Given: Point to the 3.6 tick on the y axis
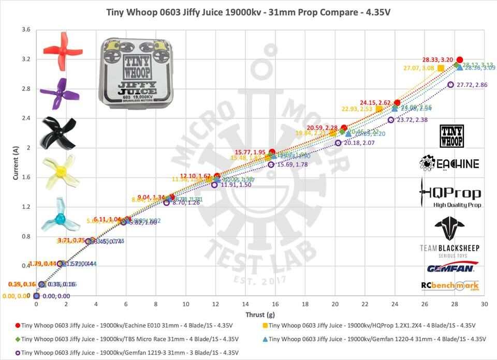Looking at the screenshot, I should (25, 30).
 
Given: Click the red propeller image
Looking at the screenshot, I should (62, 50).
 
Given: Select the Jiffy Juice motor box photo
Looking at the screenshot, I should (134, 73).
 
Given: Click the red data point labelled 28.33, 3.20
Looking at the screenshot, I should (460, 60).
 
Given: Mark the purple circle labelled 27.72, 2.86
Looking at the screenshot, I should (450, 84).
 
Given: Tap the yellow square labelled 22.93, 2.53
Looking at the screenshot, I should (379, 109).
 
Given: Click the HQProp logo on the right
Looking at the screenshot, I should (450, 195).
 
